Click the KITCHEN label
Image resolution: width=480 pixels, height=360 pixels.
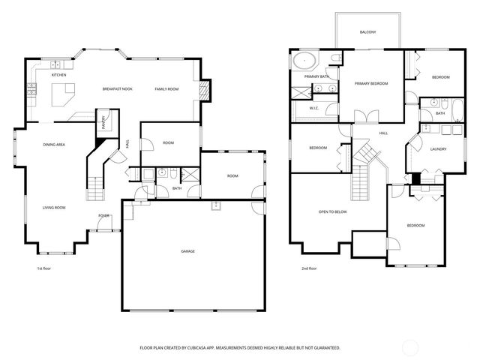click(x=58, y=75)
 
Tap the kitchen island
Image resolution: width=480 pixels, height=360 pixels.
click(x=64, y=94)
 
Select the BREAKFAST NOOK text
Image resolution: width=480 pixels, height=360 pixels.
click(x=118, y=88)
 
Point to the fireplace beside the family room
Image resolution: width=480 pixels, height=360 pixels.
click(x=205, y=90)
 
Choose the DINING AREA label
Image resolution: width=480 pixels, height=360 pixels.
click(x=54, y=144)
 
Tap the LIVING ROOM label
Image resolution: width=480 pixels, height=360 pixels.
click(x=53, y=207)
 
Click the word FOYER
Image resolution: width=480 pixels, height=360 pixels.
click(x=103, y=215)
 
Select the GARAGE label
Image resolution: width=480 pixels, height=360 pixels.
click(x=187, y=250)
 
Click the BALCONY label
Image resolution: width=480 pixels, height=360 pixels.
click(x=367, y=32)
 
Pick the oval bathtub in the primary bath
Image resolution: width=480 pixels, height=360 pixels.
click(x=305, y=61)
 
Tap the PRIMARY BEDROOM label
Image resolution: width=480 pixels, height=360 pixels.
click(x=371, y=83)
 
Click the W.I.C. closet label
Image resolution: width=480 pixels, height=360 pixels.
click(x=315, y=109)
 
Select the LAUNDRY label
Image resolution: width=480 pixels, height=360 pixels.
click(x=439, y=148)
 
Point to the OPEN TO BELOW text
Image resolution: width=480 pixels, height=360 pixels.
click(x=332, y=211)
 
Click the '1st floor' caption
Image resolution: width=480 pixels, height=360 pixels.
click(x=45, y=268)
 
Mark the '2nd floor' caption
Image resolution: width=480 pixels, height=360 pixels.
click(x=309, y=268)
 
